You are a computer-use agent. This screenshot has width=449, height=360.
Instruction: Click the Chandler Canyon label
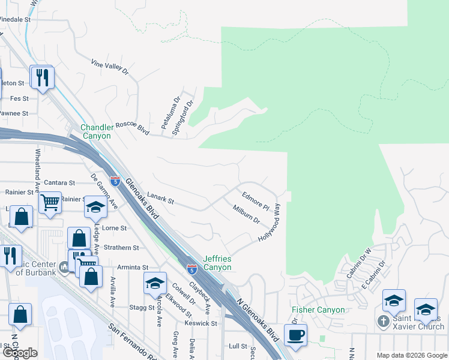96,131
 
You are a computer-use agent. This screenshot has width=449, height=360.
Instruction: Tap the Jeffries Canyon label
217,262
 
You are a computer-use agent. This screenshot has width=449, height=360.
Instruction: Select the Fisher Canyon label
318,310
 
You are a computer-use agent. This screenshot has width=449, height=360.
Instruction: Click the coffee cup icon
295,335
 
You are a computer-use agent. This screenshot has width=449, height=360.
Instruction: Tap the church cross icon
383,322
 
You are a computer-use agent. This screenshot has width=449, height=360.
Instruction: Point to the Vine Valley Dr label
109,67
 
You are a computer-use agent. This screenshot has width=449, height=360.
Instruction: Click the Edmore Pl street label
256,200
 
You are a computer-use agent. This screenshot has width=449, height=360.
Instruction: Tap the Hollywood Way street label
269,223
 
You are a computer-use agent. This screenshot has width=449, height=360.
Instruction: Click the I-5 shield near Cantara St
115,181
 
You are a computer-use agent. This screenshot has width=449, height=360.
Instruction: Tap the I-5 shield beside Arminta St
191,270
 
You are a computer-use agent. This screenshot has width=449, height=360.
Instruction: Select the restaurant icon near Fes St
43,77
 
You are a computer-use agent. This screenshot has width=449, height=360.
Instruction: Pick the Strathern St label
121,247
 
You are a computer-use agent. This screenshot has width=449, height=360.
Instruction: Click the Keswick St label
200,323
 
